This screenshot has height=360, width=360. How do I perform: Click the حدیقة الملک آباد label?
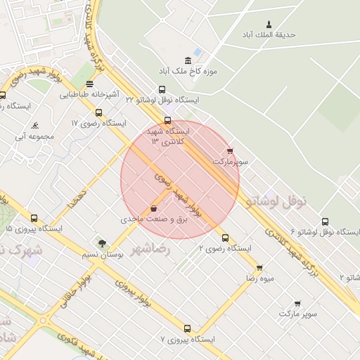(x=269, y=34)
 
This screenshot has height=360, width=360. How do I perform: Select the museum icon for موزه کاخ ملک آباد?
(x=188, y=60)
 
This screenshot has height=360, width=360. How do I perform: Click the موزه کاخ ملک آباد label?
(x=188, y=72)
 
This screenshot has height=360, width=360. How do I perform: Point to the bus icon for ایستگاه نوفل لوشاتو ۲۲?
(x=162, y=89)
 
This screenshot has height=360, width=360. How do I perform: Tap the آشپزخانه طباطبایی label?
(x=89, y=94)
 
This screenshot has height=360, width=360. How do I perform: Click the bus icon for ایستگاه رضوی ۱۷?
(x=98, y=112)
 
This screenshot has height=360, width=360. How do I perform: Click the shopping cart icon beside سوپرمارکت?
(x=230, y=150)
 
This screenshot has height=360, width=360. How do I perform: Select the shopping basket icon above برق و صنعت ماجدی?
(x=153, y=208)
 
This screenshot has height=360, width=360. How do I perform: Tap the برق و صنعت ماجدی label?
(x=154, y=220)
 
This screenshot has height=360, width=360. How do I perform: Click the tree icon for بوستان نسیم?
(x=102, y=243)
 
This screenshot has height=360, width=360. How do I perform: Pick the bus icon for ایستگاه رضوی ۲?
(x=225, y=238)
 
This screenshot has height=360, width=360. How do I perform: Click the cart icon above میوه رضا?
(x=259, y=268)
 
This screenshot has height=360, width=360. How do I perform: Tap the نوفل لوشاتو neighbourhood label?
(x=277, y=201)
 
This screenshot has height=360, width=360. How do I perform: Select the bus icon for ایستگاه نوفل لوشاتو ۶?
(x=325, y=221)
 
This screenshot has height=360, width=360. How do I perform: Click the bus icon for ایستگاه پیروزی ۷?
(x=187, y=328)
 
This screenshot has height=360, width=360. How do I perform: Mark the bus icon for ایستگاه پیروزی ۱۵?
(x=34, y=218)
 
